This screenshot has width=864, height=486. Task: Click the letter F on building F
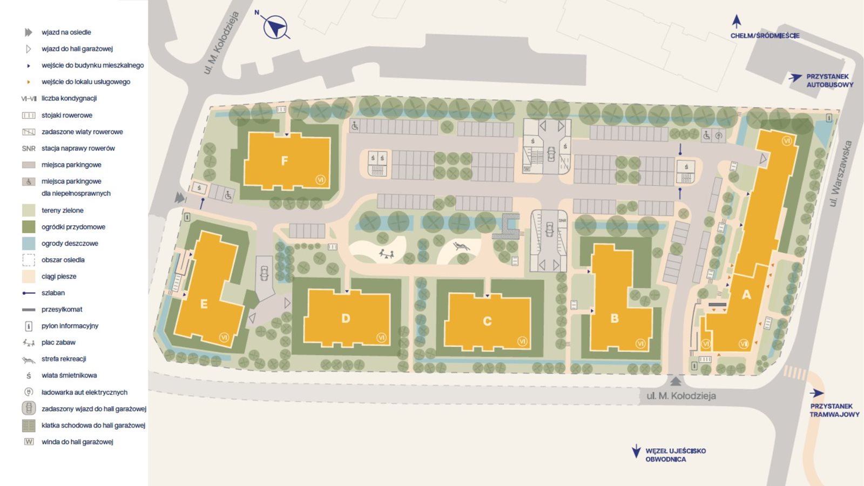tap(285, 160)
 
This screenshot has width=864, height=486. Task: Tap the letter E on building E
tap(204, 304)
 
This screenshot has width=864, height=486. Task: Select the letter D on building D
tap(346, 319)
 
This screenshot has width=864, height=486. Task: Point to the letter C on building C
tap(487, 321)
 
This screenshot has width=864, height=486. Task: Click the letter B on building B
tap(615, 319)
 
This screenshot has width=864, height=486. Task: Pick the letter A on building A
tap(746, 294)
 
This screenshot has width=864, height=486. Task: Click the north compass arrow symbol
tap(275, 26)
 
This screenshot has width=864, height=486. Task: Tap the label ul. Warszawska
tap(840, 173)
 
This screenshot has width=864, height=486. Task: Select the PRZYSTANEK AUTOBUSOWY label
tap(829, 80)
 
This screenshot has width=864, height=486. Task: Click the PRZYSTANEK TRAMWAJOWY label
tap(834, 410)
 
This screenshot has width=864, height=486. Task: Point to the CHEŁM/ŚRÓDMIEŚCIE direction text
tap(765, 36)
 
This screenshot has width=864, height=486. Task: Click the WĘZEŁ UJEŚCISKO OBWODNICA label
tap(675, 455)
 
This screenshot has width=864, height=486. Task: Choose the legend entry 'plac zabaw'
tap(58, 342)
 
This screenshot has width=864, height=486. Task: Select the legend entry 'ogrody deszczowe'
tap(70, 244)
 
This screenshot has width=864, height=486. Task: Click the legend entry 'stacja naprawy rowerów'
tap(78, 148)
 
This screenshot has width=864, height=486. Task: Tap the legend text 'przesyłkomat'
tap(62, 309)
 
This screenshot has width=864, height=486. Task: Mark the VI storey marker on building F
tap(320, 180)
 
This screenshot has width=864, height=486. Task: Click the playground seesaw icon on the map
tap(386, 253)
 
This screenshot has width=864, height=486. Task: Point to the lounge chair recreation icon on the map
tap(461, 246)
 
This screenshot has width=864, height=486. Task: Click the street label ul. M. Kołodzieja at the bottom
tap(681, 396)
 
